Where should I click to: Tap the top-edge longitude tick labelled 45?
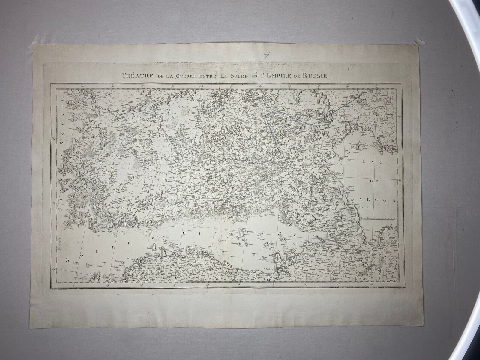coord(261,87)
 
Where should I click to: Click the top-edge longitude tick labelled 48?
coord(348,87)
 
